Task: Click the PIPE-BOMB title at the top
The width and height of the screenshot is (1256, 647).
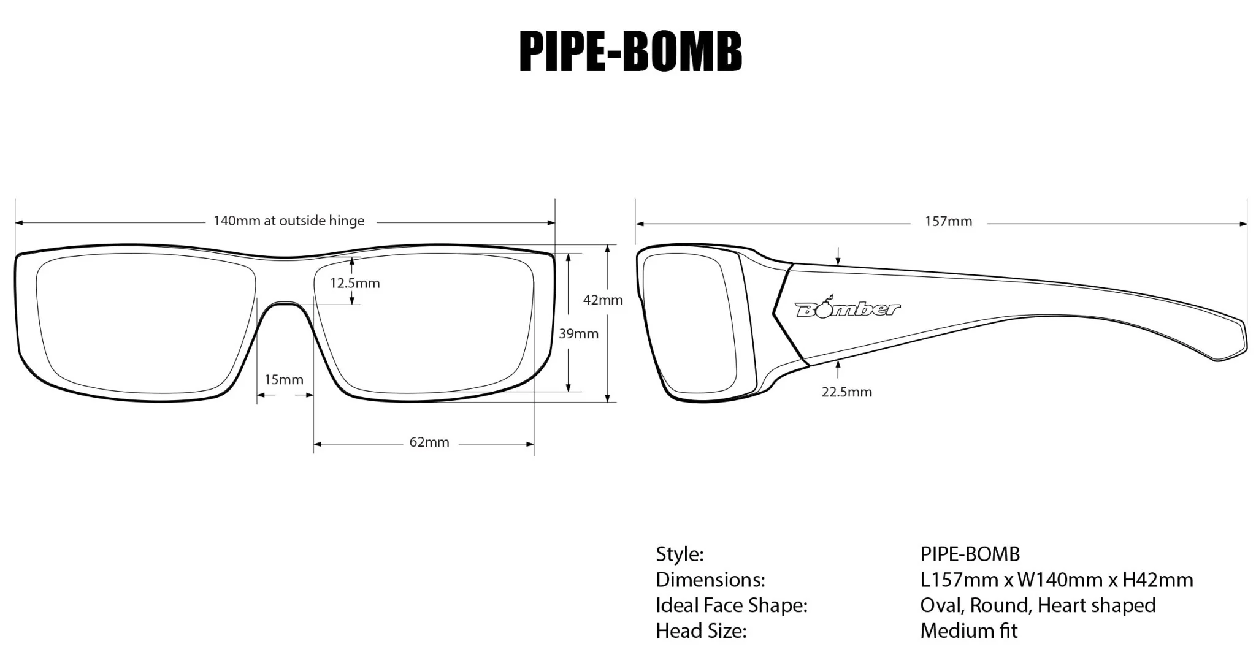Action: [x=630, y=52]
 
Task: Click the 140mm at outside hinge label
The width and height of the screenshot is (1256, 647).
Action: [x=288, y=221]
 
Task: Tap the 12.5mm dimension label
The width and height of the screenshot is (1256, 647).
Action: [x=354, y=283]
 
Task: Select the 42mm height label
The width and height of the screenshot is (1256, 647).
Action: [x=602, y=300]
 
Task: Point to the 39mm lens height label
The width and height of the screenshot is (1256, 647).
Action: [x=578, y=334]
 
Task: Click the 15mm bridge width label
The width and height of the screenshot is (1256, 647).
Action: [x=283, y=379]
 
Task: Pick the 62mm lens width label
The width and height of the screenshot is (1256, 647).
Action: [x=429, y=442]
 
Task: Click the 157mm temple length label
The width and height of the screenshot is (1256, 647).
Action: [x=948, y=222]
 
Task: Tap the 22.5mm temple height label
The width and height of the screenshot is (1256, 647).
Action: [x=846, y=392]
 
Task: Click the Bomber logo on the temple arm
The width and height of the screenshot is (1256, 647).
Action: [x=848, y=308]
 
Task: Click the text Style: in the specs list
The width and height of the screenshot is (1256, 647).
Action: [x=680, y=554]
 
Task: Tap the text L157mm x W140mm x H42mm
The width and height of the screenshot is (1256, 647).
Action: [x=1056, y=580]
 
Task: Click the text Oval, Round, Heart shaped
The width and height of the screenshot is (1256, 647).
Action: [x=1038, y=605]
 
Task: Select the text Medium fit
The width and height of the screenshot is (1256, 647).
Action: [x=968, y=630]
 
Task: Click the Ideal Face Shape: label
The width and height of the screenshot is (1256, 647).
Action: [x=731, y=605]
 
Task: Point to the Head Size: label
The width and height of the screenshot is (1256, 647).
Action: [x=701, y=630]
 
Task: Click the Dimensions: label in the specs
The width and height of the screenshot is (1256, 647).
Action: [x=710, y=580]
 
